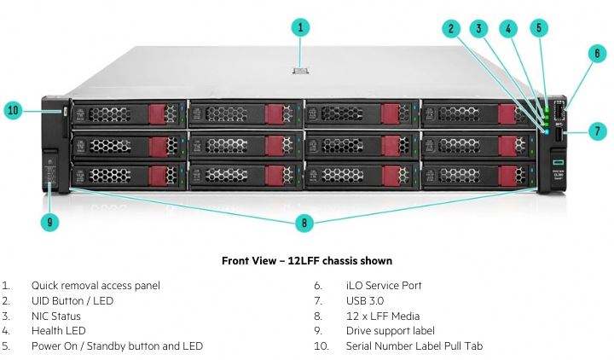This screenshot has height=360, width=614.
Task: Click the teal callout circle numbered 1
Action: [x=300, y=27]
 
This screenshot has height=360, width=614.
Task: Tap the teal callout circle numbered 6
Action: [x=597, y=53]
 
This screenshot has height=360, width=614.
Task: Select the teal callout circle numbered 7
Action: [x=597, y=131]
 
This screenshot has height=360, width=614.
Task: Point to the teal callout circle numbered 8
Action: [x=304, y=223]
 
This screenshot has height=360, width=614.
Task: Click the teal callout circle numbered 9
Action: [x=49, y=222]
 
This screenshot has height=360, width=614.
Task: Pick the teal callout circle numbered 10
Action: [x=13, y=110]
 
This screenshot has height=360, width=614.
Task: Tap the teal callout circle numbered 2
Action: [x=451, y=29]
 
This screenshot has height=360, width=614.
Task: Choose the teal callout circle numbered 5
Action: [x=539, y=28]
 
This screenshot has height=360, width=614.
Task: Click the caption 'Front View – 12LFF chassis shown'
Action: [x=307, y=261]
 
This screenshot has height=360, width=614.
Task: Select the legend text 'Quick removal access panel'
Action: [x=96, y=286]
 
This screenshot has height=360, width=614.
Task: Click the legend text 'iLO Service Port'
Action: [x=384, y=286]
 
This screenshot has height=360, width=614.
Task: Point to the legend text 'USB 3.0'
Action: [x=365, y=301]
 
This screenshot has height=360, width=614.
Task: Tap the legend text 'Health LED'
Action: [x=58, y=331]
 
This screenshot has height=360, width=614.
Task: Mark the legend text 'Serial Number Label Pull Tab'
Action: [x=414, y=346]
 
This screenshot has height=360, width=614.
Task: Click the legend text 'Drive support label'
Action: [x=391, y=331]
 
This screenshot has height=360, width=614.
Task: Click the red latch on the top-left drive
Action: [x=158, y=114]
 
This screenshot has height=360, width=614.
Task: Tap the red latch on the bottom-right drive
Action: [x=507, y=176]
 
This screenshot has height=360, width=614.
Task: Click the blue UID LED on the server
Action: [x=547, y=132]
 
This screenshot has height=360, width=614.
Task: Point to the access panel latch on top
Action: [x=300, y=71]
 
